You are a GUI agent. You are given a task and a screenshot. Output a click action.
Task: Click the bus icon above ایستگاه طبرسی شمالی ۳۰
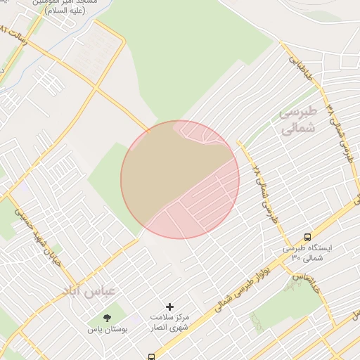(x=308, y=237)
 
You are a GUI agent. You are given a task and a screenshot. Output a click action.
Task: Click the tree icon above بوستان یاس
(x=108, y=319)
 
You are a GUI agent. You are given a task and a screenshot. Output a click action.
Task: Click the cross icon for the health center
(x=169, y=307)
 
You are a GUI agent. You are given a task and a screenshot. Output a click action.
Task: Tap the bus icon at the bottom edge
(x=151, y=356)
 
